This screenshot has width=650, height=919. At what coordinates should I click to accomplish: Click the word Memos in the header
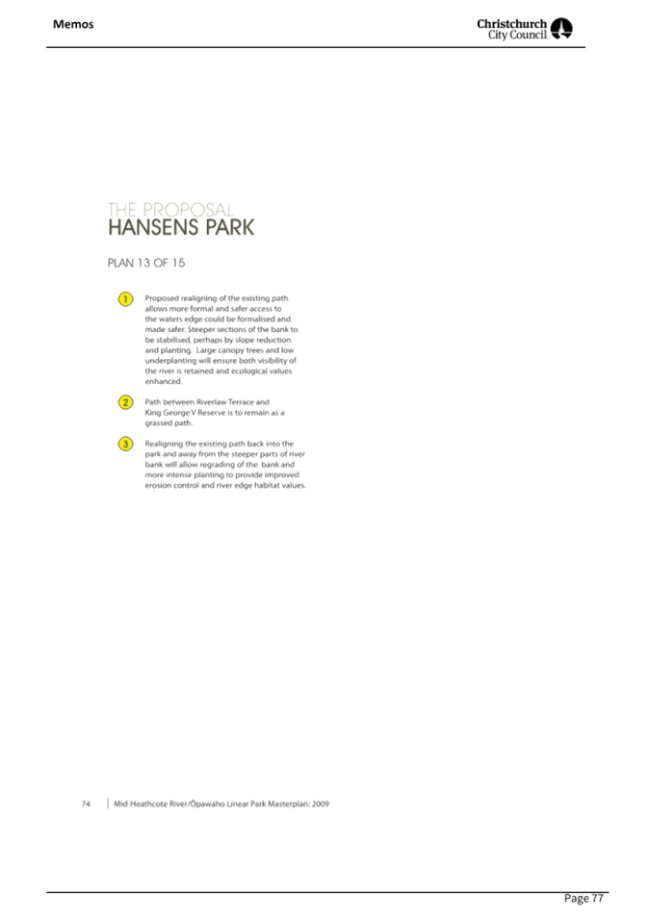73,24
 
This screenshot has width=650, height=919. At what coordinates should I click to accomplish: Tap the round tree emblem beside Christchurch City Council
562,29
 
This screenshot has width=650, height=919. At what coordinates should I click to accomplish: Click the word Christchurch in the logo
511,22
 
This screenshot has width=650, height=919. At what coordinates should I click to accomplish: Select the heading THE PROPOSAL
169,209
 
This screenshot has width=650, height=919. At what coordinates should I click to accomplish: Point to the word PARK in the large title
229,228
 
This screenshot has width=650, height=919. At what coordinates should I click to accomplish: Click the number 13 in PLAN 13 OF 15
143,263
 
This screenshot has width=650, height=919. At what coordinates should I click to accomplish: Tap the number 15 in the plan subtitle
177,263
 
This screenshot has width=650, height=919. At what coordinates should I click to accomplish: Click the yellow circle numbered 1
125,299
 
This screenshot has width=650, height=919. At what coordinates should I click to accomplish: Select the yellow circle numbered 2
125,402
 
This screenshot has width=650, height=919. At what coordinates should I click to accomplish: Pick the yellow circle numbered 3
125,444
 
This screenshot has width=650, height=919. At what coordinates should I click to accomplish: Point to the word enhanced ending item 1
163,382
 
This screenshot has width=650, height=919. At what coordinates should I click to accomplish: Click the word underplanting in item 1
170,361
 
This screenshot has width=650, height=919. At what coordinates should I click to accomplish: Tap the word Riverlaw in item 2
211,402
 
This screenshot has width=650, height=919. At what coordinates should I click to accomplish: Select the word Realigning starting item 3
164,444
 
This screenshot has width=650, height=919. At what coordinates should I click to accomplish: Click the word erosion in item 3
157,486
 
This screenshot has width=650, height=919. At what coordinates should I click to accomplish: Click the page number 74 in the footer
87,804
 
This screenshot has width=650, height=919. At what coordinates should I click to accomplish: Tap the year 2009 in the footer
321,804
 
